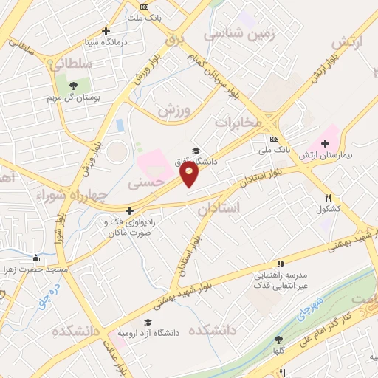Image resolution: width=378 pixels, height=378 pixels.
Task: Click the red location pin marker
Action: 190,174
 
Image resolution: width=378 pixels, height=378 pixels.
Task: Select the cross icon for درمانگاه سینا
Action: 106,31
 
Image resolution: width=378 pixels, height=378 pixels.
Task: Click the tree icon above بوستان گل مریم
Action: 72,86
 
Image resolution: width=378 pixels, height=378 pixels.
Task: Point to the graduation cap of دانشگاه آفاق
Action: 195,151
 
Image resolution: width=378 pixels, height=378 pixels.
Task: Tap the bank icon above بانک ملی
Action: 274,139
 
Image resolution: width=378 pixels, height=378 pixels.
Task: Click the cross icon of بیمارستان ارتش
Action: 326,142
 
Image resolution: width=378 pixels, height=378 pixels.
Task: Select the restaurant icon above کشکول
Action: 329,198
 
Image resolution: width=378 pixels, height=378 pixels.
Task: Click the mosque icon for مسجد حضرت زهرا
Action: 35,258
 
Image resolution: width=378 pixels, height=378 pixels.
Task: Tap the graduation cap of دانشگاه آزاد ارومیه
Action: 148,323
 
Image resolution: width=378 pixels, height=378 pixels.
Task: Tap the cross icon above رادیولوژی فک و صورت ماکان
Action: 130,210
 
